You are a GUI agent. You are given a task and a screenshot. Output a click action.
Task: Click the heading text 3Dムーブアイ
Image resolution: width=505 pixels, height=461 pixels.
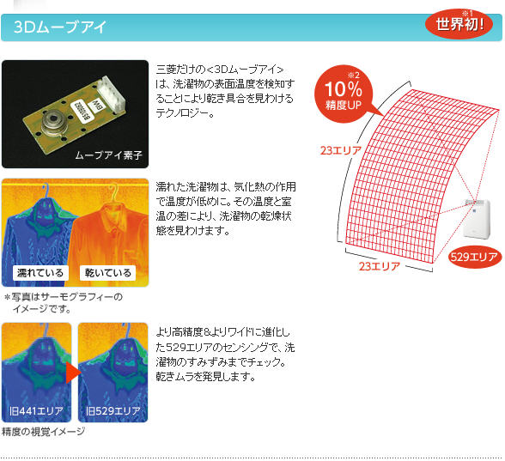[59, 27]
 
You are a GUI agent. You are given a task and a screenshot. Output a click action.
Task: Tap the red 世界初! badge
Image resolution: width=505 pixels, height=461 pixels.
[459, 24]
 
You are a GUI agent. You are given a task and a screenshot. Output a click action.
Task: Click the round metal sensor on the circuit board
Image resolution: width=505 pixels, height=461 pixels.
[55, 124]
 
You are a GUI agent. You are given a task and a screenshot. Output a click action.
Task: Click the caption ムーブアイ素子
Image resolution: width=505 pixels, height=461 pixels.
[108, 155]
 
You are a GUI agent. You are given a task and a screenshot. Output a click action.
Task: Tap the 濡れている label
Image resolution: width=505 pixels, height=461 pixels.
[40, 273]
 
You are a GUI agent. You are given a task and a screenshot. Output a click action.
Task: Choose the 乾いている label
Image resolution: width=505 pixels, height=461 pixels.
[108, 273]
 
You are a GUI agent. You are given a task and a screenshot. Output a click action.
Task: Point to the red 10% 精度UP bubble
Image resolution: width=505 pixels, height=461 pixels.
[344, 94]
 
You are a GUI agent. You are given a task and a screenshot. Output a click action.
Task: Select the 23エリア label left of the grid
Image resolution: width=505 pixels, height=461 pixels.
[341, 150]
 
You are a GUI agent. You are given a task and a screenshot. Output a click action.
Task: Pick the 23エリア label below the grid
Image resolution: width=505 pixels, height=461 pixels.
[380, 266]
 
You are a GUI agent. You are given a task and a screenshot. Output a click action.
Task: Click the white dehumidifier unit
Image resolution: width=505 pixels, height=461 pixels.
[477, 218]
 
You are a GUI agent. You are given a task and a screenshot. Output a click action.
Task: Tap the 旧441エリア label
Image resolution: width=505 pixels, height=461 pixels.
[36, 411]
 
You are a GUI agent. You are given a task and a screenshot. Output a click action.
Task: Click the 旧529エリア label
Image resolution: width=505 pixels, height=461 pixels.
[113, 411]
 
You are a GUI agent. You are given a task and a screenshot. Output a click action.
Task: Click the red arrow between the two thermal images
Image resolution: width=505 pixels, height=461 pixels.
[72, 373]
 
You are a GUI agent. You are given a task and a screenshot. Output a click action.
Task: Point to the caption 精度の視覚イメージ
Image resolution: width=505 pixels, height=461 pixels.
[44, 431]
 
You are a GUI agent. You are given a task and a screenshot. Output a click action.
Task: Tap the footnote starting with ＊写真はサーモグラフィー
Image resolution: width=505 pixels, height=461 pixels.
[64, 302]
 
